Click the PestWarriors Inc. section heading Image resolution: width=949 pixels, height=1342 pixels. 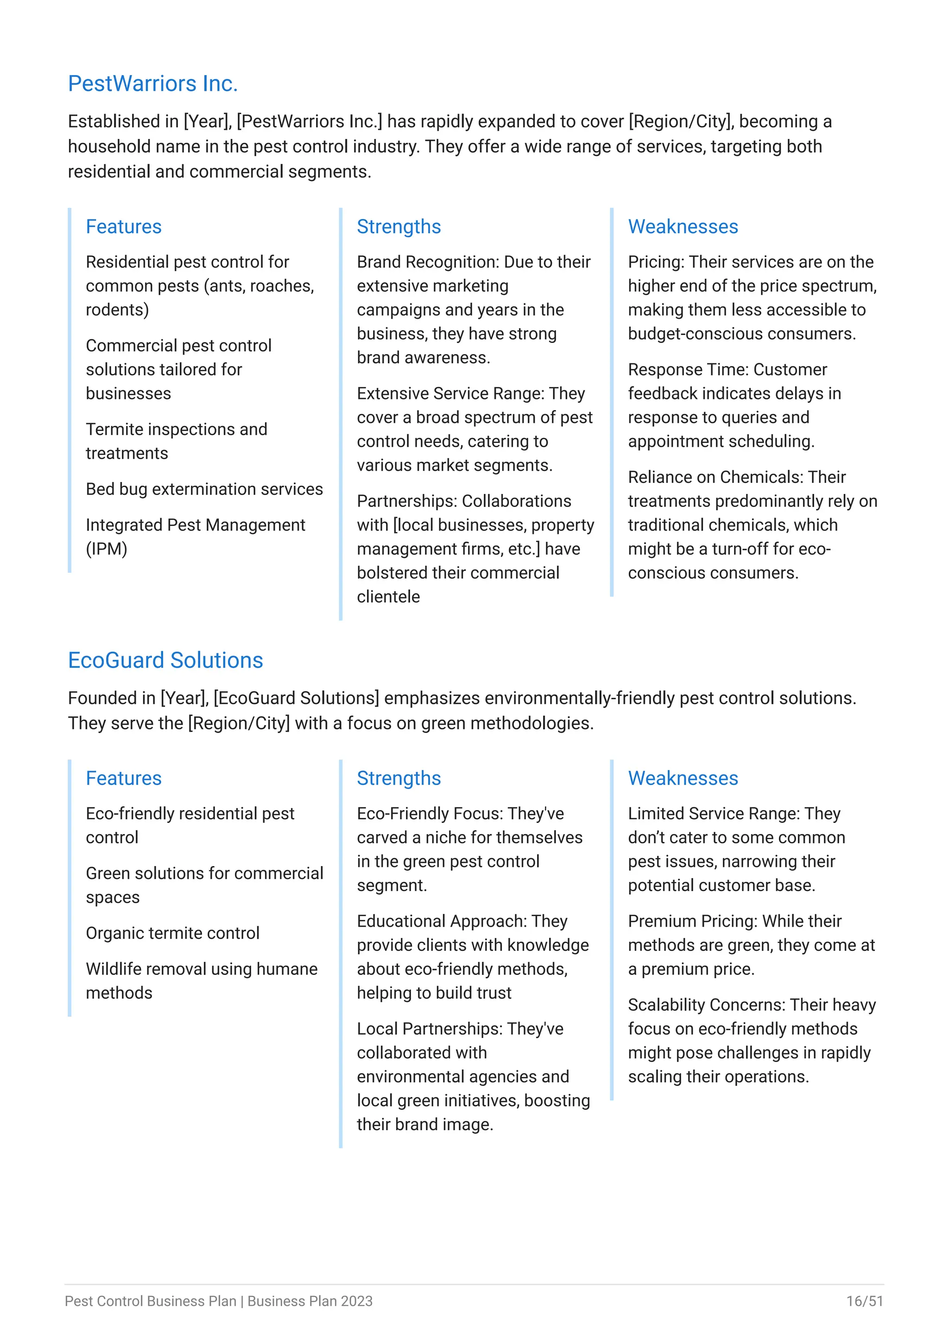tap(152, 83)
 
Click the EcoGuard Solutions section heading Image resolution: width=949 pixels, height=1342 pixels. tap(165, 660)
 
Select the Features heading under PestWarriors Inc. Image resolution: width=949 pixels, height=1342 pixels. tap(123, 226)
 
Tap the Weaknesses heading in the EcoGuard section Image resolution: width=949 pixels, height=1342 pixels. tap(683, 778)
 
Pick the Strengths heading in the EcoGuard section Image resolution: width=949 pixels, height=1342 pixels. tap(399, 778)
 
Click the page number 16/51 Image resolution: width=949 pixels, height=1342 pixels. tap(864, 1301)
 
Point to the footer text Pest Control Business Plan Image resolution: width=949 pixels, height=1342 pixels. tap(151, 1301)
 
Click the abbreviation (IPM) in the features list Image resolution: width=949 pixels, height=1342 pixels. tap(107, 549)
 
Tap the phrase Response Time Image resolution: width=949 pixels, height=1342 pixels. tap(687, 369)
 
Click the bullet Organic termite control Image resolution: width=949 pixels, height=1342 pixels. tap(172, 933)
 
